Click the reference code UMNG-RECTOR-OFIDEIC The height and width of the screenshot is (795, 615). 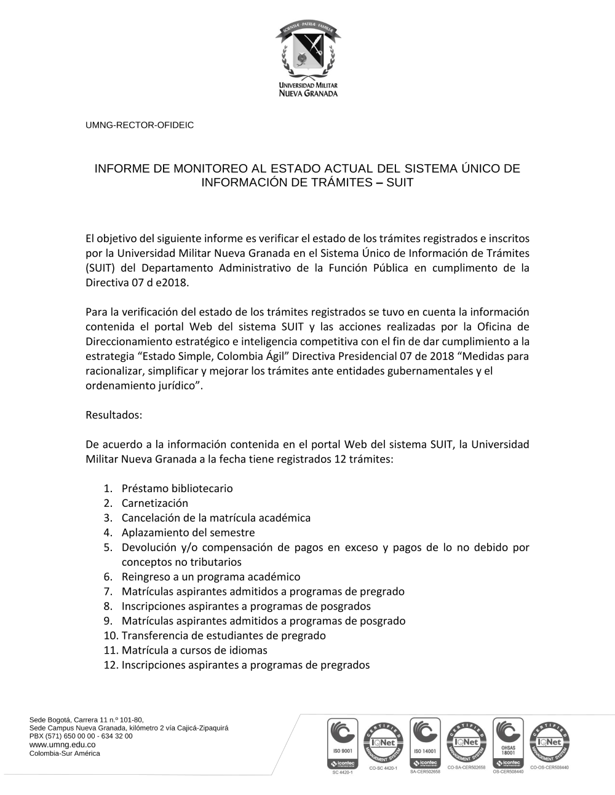pos(140,125)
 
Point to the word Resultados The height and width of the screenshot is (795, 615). pos(114,415)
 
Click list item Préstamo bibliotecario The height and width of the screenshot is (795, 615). pos(177,488)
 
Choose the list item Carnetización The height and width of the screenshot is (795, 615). pos(155,503)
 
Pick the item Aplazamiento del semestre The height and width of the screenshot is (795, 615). pos(188,533)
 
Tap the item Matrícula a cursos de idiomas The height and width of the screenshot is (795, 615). pos(194,650)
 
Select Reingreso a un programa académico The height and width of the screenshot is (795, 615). pos(211,577)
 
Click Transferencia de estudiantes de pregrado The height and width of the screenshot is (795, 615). pos(224,635)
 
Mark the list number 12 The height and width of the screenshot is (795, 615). pos(110,665)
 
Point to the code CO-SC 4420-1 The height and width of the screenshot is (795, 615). pos(383,768)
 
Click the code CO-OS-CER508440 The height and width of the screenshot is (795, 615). pos(549,767)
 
